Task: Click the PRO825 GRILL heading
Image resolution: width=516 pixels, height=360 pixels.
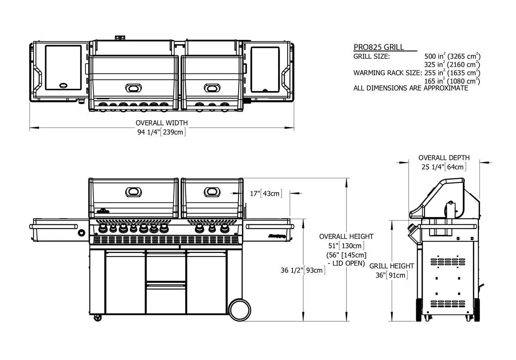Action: [x=378, y=47]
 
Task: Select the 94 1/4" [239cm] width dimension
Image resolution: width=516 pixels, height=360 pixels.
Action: [x=162, y=132]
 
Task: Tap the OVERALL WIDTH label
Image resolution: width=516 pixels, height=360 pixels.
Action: [x=162, y=123]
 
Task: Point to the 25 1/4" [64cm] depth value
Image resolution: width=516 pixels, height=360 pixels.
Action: [x=444, y=167]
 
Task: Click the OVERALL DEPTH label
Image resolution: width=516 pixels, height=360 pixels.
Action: [x=444, y=158]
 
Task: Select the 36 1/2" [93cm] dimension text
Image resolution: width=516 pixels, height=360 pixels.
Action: [x=303, y=270]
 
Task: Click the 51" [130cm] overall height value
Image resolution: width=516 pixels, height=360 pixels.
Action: [x=346, y=245]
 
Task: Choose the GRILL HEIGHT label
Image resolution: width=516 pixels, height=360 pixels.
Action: [x=392, y=266]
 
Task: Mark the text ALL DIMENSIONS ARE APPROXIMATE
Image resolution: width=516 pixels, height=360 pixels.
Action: [x=411, y=88]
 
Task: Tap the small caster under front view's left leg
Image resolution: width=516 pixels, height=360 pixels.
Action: [x=98, y=318]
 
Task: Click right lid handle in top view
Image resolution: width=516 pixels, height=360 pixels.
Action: [x=212, y=88]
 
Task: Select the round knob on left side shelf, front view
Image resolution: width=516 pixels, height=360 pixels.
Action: [x=82, y=232]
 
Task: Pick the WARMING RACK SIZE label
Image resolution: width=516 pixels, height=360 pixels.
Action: [x=387, y=73]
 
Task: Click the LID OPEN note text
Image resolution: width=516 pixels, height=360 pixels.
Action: [x=346, y=262]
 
